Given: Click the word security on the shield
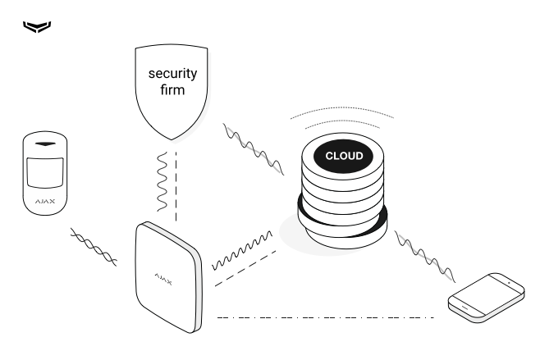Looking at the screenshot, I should click(x=172, y=74).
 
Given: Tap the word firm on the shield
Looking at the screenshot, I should click(x=172, y=90).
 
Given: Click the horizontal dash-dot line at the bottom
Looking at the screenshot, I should click(x=324, y=317).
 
